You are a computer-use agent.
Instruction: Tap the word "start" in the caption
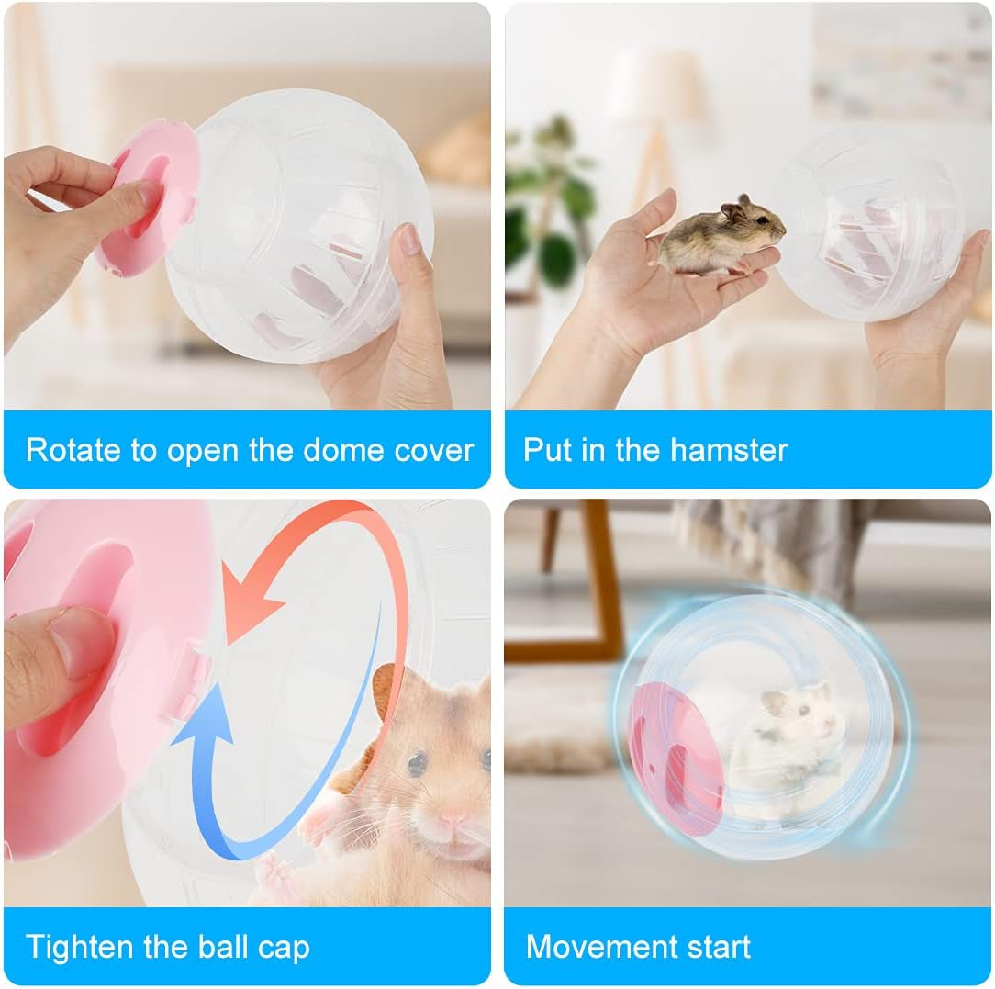715,947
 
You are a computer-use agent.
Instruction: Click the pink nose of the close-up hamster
453,815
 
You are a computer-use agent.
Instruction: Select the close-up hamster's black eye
416,761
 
